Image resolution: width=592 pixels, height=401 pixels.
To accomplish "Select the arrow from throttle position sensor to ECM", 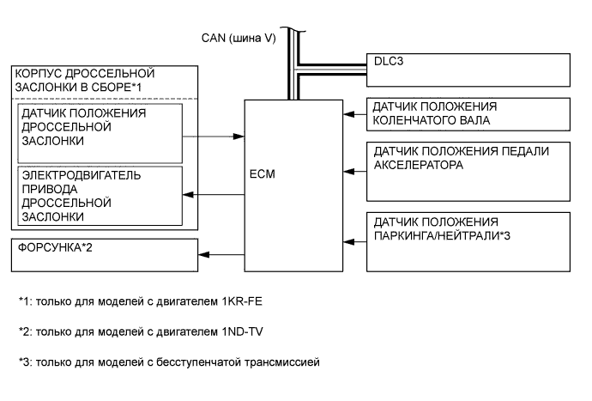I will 214,136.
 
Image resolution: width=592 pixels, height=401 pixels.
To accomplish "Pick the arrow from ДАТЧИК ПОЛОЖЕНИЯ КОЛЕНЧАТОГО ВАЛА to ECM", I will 354,113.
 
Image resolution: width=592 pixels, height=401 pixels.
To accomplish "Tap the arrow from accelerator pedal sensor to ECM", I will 354,169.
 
